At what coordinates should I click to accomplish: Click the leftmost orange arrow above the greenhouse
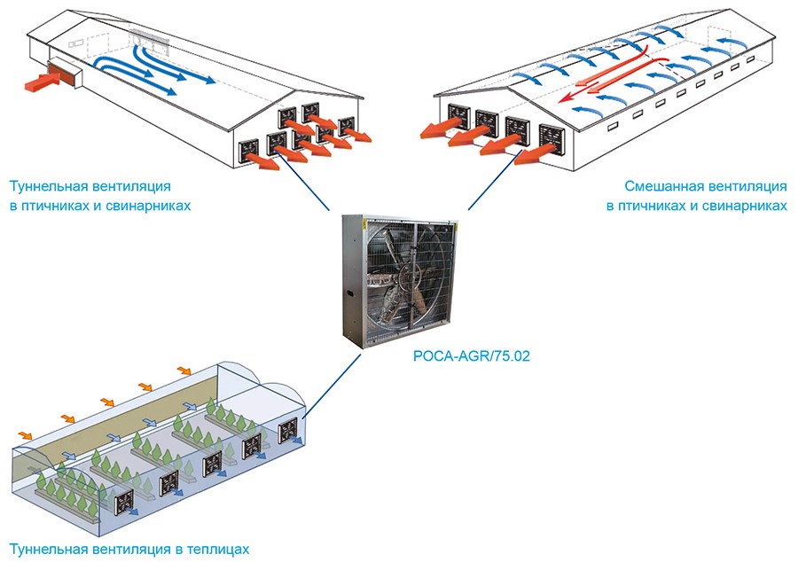tap(26, 435)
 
